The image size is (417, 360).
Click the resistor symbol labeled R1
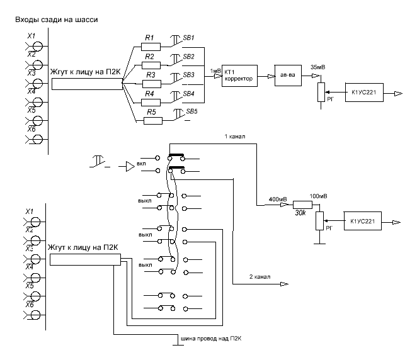click(x=151, y=47)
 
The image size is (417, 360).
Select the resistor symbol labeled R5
click(x=153, y=121)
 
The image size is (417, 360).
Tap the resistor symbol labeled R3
click(x=152, y=84)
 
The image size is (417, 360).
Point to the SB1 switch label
click(x=188, y=38)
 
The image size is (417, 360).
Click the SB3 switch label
click(x=188, y=75)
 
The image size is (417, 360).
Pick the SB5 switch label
click(x=191, y=111)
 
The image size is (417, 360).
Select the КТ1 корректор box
click(x=239, y=76)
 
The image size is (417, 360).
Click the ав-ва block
click(x=288, y=75)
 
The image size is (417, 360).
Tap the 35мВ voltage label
click(x=318, y=67)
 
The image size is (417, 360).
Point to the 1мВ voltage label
click(x=215, y=71)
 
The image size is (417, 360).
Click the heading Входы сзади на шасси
click(x=57, y=20)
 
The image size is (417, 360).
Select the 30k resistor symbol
click(x=302, y=205)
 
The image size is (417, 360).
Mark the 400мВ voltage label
click(x=278, y=199)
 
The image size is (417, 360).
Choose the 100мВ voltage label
click(x=318, y=196)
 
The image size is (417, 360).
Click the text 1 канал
click(x=235, y=137)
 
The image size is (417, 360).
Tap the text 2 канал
click(x=260, y=277)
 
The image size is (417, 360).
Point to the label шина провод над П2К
click(x=211, y=339)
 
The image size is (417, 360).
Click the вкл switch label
click(x=141, y=164)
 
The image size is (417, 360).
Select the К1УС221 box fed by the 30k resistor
click(x=363, y=221)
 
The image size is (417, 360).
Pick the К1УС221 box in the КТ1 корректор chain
click(x=364, y=92)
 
